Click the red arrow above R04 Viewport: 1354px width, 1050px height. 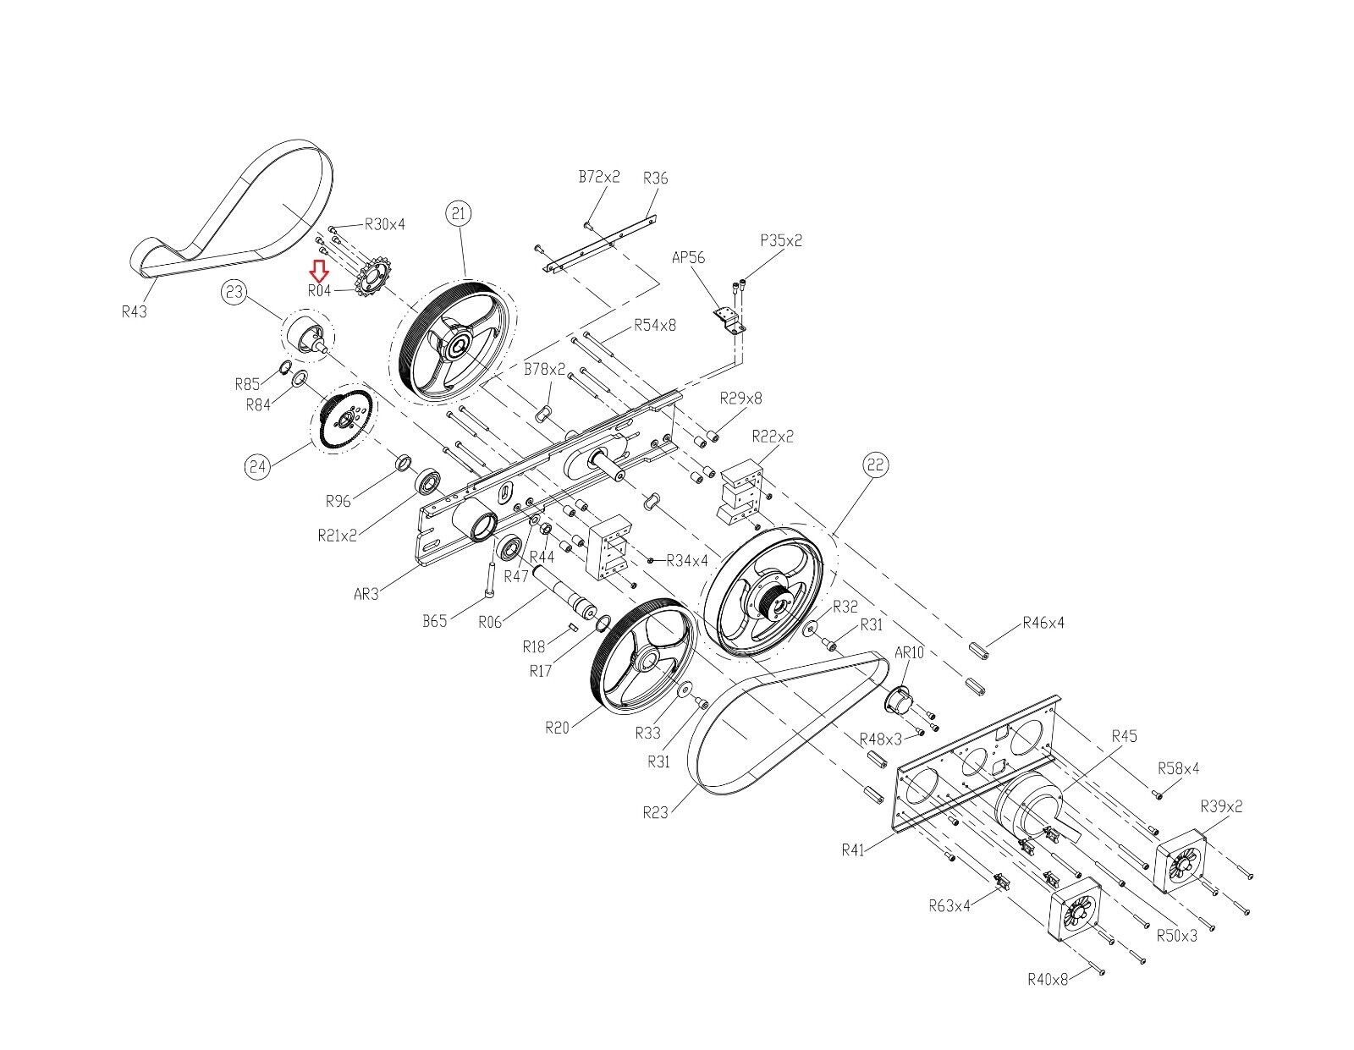tap(320, 271)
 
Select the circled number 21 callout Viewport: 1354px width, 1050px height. tap(458, 213)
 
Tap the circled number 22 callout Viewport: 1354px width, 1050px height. tap(876, 465)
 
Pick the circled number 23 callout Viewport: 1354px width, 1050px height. tap(234, 292)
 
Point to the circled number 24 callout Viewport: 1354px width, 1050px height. tap(257, 466)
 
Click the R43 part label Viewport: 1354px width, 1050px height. tap(134, 311)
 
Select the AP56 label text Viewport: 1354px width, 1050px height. tap(688, 257)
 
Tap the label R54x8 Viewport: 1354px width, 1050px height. tap(654, 325)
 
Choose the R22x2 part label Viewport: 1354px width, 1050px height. tap(773, 436)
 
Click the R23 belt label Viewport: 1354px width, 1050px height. tap(655, 812)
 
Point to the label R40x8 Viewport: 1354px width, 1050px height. tap(1048, 979)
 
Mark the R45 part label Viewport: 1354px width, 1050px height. tap(1124, 736)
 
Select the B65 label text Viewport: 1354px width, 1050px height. tap(434, 621)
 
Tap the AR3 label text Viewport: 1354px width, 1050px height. tap(366, 593)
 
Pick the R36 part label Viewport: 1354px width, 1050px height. tap(655, 179)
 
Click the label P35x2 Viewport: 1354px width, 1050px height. tap(781, 240)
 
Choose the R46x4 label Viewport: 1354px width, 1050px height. tap(1043, 622)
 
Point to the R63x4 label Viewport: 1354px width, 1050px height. tap(949, 905)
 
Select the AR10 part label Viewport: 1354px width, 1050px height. tap(909, 652)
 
